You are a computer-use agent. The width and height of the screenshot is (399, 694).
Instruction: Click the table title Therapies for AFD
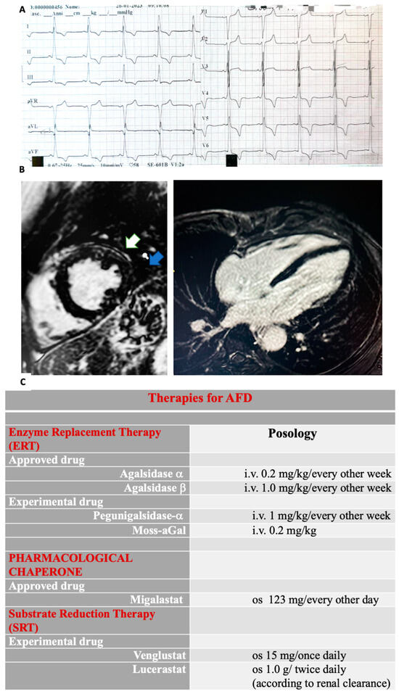[x=200, y=398]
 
